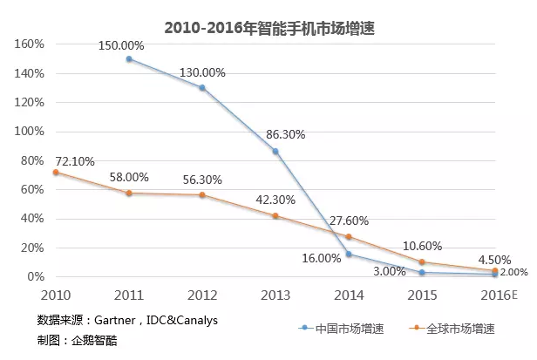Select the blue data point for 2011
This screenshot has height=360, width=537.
[x=129, y=59]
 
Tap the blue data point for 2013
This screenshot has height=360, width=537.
[x=275, y=152]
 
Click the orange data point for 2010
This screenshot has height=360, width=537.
[x=56, y=173]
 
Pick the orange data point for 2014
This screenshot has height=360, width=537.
[x=349, y=237]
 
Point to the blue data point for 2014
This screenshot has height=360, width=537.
[x=349, y=254]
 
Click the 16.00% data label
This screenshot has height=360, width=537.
[x=321, y=258]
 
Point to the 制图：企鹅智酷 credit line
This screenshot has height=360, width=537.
[x=77, y=340]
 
